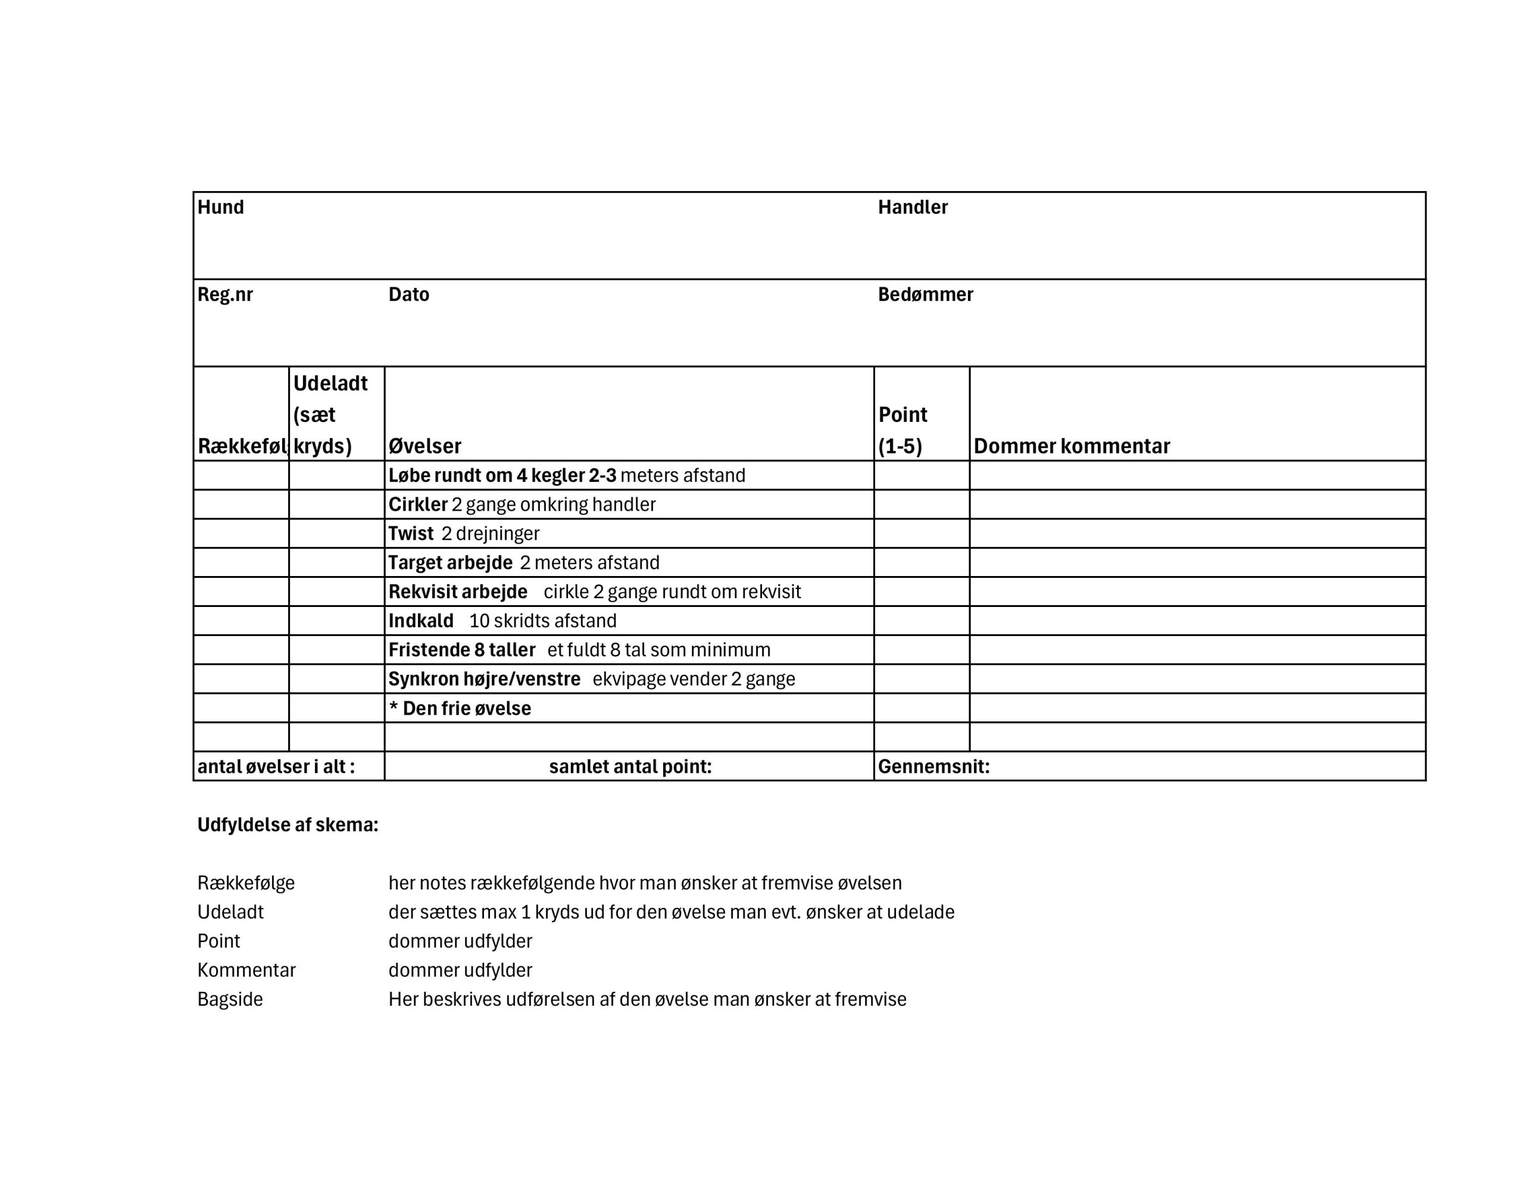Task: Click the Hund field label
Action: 220,207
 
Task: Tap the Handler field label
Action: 912,207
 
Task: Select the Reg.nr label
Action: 224,295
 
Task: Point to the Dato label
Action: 408,295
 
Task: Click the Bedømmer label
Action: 925,295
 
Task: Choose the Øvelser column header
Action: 424,446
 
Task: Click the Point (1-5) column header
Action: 902,430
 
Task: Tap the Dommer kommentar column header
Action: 1071,446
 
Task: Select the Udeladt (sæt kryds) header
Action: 330,414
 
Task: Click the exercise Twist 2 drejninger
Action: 463,534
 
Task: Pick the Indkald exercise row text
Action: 502,621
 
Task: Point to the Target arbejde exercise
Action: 523,563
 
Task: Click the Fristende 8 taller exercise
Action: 579,650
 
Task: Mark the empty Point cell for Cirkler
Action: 921,505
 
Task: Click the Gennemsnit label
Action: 933,767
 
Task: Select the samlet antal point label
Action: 630,767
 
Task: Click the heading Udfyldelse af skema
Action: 288,825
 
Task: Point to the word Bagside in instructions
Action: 230,999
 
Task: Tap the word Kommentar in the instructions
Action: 246,970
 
